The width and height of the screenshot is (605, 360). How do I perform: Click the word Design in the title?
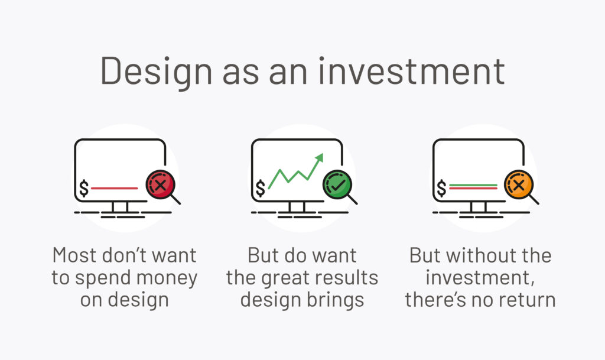point(156,70)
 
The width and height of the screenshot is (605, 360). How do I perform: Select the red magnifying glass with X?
point(160,184)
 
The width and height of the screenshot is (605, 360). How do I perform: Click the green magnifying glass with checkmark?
point(337,184)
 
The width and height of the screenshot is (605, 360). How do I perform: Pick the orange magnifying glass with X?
point(518,186)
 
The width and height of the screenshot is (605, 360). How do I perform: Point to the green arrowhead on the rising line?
point(320,157)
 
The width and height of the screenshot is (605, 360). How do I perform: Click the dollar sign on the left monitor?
point(84,189)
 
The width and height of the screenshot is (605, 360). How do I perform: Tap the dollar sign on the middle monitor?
point(261,189)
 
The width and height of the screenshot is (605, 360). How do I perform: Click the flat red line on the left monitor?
point(115,189)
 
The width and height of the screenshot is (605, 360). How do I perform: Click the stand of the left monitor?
point(123,206)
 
